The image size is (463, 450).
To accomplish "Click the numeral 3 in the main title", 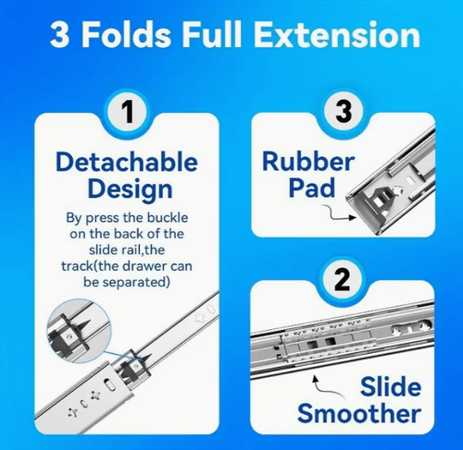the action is [x=59, y=34].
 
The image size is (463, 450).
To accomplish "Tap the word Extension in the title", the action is [x=337, y=34].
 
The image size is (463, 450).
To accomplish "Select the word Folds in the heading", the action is [x=126, y=34].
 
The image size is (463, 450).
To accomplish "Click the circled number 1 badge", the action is [x=127, y=112].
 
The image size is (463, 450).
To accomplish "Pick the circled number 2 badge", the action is [x=343, y=280].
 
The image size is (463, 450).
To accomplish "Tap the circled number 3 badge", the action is [x=343, y=111].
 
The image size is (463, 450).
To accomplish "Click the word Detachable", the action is [x=127, y=162].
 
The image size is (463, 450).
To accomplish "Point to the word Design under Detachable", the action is [x=130, y=189].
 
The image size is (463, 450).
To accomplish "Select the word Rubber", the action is [x=308, y=161].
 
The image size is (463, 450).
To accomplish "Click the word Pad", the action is [x=312, y=188].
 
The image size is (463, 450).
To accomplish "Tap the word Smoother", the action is [x=359, y=413].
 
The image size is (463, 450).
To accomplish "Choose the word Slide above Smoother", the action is [x=391, y=386].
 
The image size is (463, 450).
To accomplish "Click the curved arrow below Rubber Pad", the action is [x=339, y=213].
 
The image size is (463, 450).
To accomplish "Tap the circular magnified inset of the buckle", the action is [x=79, y=330].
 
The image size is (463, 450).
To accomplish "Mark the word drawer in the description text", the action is [x=144, y=266].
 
